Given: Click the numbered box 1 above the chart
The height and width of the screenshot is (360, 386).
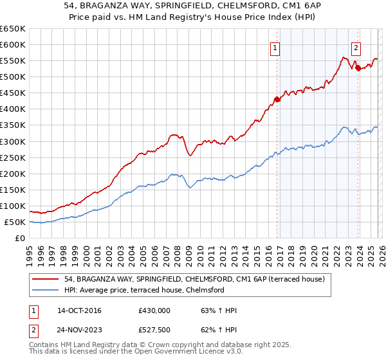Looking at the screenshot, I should coord(275,47).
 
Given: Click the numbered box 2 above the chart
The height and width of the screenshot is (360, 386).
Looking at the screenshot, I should coord(356,47).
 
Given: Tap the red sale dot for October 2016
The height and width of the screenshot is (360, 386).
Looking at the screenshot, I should coord(277,99).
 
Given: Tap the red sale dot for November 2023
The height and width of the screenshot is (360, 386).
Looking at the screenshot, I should coord(358,67).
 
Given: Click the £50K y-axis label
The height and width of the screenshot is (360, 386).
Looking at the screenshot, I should coord(15,222).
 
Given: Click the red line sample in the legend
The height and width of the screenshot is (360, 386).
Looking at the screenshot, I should coord(46,279).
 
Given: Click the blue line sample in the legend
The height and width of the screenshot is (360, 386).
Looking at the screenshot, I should coord(46,290).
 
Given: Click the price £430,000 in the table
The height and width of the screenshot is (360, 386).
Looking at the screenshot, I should coord(154,310).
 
